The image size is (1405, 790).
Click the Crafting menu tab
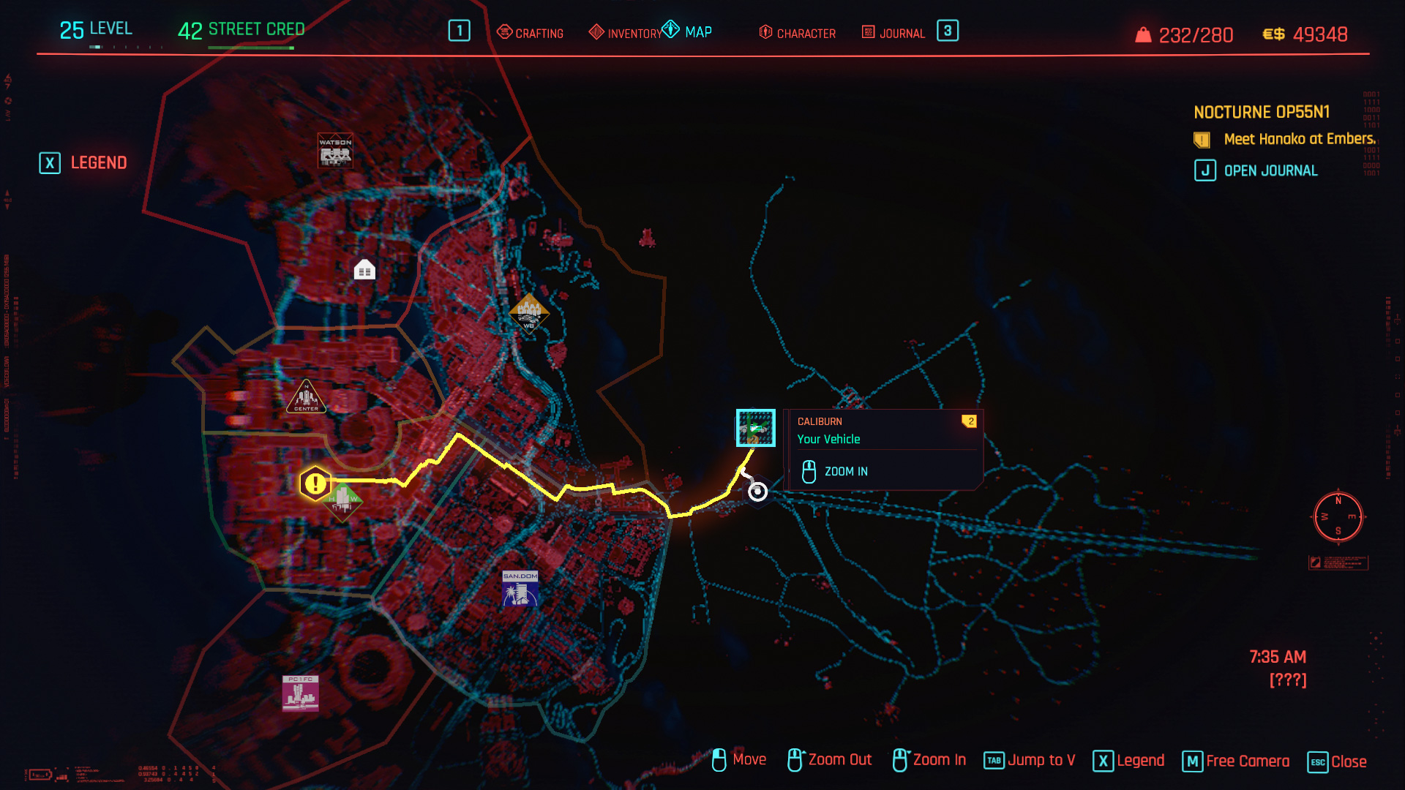531,33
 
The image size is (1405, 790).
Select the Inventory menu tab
626,33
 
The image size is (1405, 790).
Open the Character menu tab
798,33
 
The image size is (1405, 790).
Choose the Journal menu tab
893,33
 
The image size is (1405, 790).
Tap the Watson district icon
335,151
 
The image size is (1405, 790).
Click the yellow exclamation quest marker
315,483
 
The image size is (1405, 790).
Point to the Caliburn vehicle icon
755,428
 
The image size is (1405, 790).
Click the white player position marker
757,492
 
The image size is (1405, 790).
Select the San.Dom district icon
520,589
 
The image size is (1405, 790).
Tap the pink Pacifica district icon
301,693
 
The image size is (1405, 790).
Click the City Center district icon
306,397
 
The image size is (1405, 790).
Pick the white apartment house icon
364,270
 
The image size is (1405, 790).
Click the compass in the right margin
1338,517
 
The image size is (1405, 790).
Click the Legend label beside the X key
98,162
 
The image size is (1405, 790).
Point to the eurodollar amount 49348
1319,34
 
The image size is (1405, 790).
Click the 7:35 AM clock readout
1277,657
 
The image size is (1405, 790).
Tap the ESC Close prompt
1337,761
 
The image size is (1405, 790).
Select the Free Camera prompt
1236,761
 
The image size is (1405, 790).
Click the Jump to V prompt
1030,761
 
